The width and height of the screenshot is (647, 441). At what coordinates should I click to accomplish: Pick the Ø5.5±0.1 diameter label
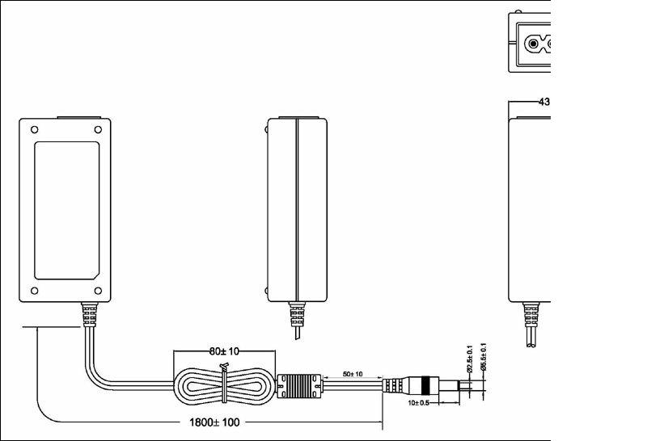point(484,358)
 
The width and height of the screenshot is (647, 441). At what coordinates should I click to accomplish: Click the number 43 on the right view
point(543,102)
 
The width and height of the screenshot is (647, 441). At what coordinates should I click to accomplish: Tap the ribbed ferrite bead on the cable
point(300,386)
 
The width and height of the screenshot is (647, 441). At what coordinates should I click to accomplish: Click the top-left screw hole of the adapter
point(34,128)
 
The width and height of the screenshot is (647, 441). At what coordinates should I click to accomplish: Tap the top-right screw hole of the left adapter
point(97,128)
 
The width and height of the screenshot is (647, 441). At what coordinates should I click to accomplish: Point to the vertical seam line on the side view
point(297,210)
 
